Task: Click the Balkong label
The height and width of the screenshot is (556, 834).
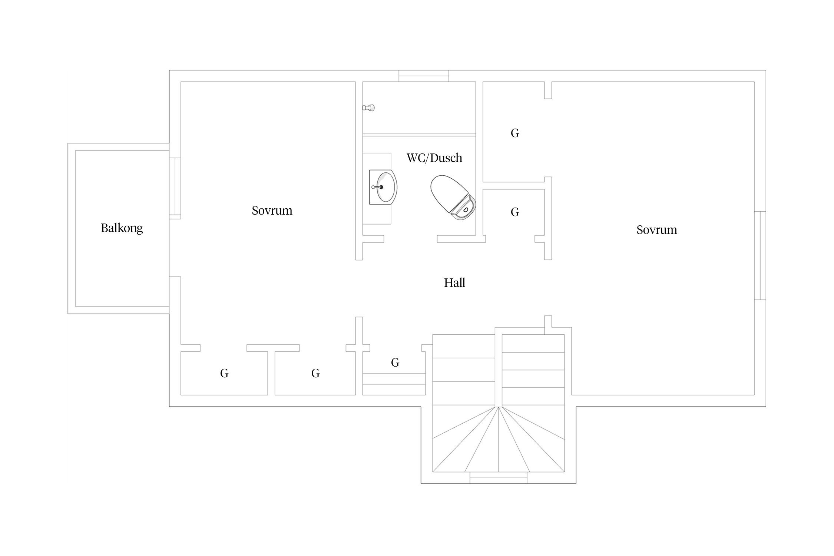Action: click(122, 228)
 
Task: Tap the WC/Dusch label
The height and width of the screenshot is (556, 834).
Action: click(434, 158)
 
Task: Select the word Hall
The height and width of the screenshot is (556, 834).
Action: click(454, 283)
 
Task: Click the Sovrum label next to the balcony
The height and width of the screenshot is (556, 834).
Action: click(272, 211)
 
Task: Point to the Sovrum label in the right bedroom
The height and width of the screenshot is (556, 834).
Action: click(657, 230)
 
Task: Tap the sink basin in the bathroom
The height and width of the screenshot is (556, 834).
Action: click(383, 187)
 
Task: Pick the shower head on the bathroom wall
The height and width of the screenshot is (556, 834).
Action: click(368, 108)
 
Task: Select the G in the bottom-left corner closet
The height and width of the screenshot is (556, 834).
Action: click(224, 373)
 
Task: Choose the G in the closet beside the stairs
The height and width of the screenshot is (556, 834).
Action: click(395, 363)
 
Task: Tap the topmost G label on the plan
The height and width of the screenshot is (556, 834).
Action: click(515, 133)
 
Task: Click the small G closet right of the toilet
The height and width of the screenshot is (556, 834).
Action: click(515, 212)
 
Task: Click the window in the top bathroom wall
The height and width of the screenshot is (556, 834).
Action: click(424, 76)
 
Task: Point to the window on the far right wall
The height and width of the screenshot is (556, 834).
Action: click(760, 255)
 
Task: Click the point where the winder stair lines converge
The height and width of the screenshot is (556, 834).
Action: click(499, 407)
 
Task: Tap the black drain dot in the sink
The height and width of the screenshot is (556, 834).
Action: click(381, 187)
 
